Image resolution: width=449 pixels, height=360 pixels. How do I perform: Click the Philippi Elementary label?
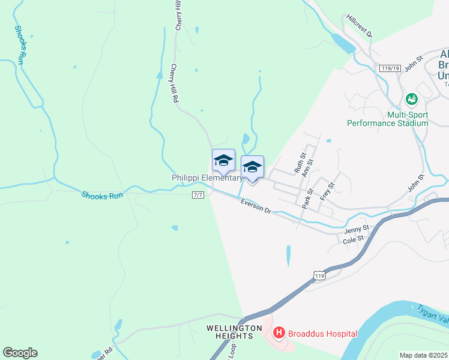pyautogui.click(x=207, y=178)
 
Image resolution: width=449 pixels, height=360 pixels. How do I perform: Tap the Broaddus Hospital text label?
pyautogui.click(x=322, y=334)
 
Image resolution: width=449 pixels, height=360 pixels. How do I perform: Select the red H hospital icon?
pyautogui.click(x=279, y=332)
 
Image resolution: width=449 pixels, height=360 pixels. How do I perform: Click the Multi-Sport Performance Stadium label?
pyautogui.click(x=388, y=118)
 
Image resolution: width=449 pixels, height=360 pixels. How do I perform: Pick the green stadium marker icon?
pyautogui.click(x=412, y=98)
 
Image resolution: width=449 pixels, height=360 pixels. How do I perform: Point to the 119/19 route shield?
pyautogui.click(x=390, y=68)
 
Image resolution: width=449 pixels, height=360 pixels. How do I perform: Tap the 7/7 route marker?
pyautogui.click(x=199, y=195)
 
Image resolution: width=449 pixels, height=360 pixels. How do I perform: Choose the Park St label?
pyautogui.click(x=307, y=199)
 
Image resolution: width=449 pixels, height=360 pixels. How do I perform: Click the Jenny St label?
pyautogui.click(x=355, y=230)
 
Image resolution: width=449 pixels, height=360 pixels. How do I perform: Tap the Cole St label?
pyautogui.click(x=353, y=239)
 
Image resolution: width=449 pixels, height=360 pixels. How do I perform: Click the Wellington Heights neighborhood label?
pyautogui.click(x=234, y=332)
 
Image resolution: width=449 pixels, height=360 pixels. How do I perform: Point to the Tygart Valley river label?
pyautogui.click(x=433, y=313)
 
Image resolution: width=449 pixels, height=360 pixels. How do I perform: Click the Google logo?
pyautogui.click(x=20, y=353)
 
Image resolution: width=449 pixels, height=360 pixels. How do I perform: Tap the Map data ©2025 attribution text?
pyautogui.click(x=423, y=355)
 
